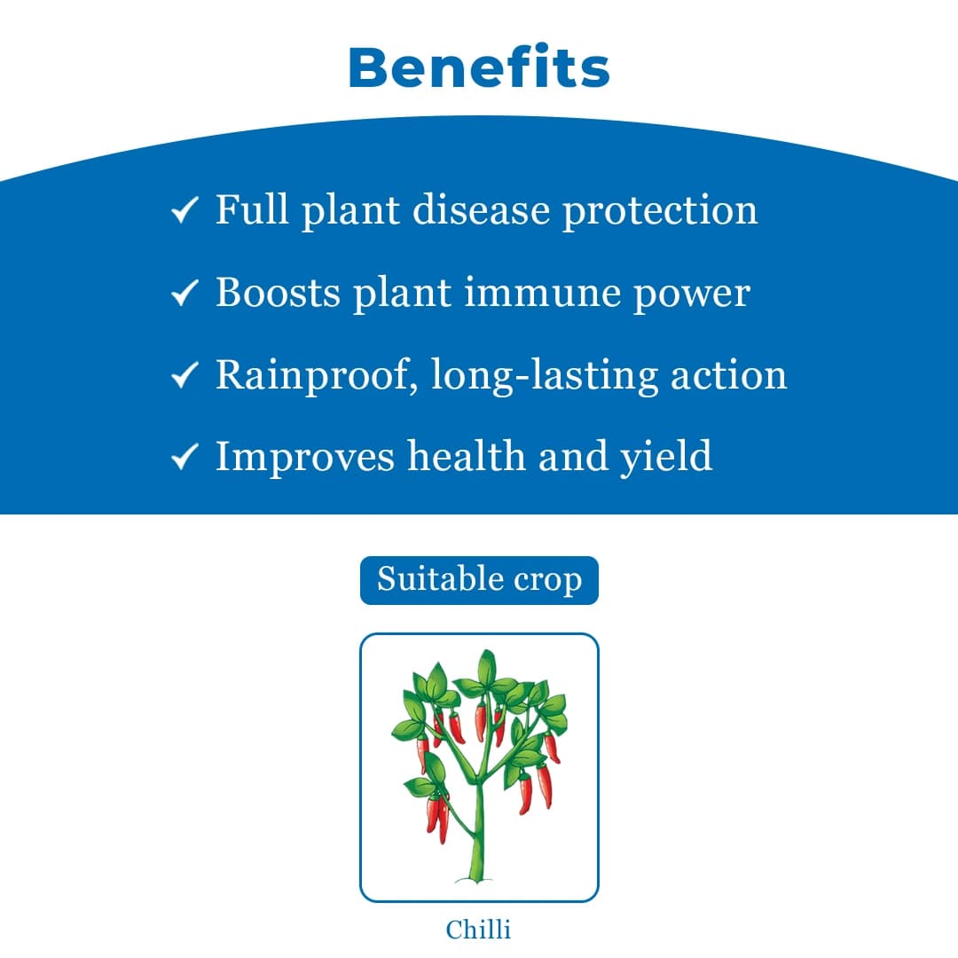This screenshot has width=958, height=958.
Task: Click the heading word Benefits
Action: tap(479, 67)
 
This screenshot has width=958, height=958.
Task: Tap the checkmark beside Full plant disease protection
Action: tap(184, 212)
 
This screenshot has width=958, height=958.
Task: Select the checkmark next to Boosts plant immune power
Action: tap(184, 294)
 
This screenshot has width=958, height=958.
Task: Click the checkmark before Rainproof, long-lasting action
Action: tap(184, 376)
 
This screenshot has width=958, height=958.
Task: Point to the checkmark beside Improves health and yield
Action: tap(184, 458)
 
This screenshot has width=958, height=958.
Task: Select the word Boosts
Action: tap(277, 293)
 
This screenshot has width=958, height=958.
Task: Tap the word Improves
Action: tap(305, 456)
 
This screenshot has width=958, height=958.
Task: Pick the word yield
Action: tap(666, 458)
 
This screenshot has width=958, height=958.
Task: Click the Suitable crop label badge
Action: tap(479, 580)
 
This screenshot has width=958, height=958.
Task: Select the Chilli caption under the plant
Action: tap(479, 929)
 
